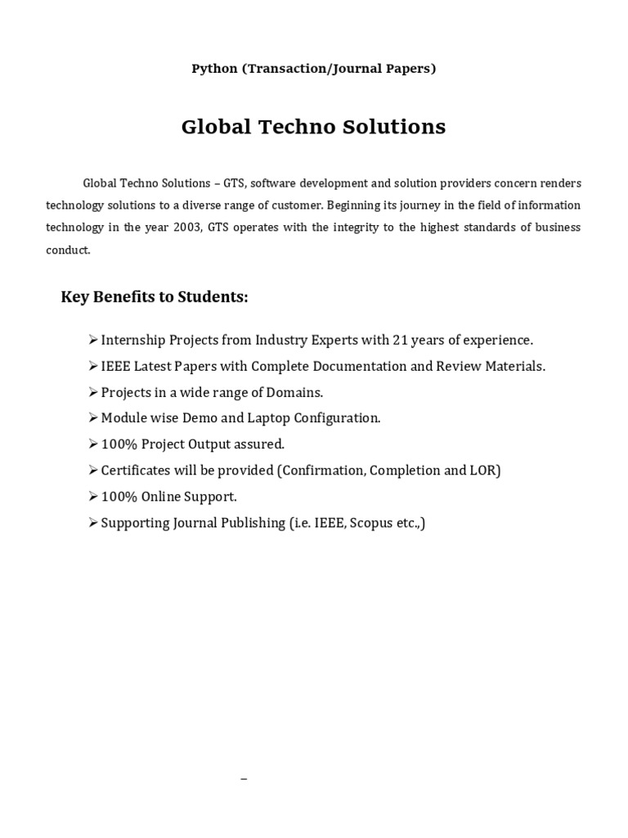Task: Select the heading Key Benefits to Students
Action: coord(155,296)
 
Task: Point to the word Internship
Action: coord(134,340)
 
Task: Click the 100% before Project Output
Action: coord(119,444)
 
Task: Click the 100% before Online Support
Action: coord(119,497)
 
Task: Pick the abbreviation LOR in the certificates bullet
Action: coord(482,471)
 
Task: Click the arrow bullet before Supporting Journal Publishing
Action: coord(92,523)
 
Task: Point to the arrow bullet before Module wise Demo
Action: coord(92,418)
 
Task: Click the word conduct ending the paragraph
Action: coord(68,250)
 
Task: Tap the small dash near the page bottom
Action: coord(244,779)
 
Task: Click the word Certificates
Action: coord(134,471)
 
